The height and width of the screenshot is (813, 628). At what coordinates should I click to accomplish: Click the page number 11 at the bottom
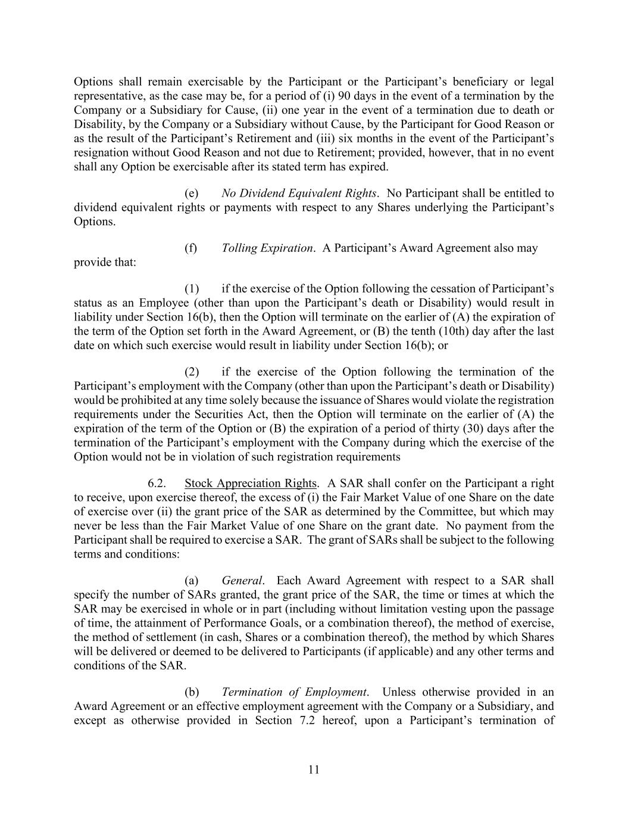[x=314, y=770]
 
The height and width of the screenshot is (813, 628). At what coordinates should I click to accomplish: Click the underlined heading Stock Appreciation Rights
[x=251, y=483]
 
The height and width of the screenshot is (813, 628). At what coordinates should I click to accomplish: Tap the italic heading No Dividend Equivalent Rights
[x=299, y=193]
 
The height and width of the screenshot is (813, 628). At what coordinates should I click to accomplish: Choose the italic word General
[x=242, y=580]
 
